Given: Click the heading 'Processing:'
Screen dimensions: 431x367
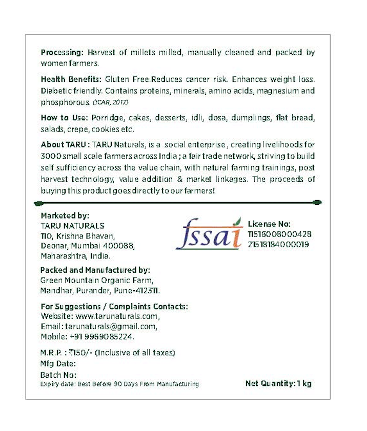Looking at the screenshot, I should pyautogui.click(x=62, y=52).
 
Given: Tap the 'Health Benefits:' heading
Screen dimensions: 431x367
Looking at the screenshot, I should pyautogui.click(x=71, y=80).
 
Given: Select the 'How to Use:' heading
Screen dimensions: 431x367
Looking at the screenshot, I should pyautogui.click(x=64, y=118).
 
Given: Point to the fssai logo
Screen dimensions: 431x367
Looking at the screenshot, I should pyautogui.click(x=209, y=233).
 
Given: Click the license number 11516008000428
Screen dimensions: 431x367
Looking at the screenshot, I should pyautogui.click(x=279, y=234).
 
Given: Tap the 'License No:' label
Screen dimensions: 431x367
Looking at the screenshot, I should pyautogui.click(x=269, y=224).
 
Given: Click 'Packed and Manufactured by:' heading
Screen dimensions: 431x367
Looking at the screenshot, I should pyautogui.click(x=95, y=270).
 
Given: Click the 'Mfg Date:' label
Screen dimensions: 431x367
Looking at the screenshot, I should pyautogui.click(x=58, y=364).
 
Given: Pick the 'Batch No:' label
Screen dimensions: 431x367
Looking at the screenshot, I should pyautogui.click(x=58, y=375).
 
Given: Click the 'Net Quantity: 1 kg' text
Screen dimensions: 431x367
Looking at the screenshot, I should pyautogui.click(x=278, y=383).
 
